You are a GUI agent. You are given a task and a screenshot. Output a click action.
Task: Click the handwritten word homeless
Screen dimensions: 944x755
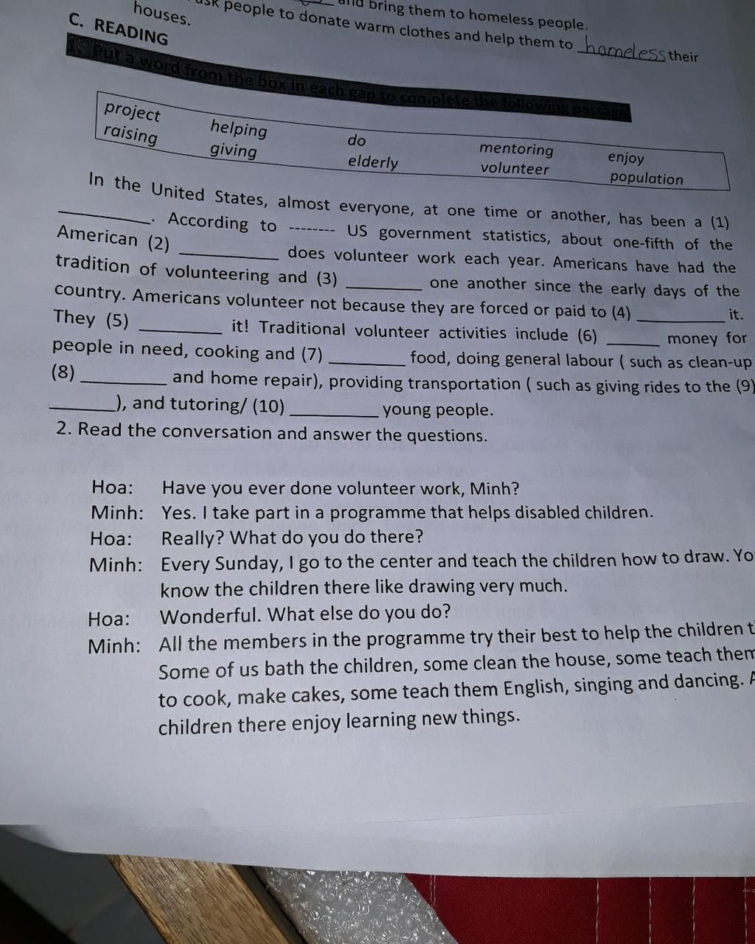[623, 52]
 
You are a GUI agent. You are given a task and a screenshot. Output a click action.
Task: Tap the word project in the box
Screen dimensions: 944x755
[132, 111]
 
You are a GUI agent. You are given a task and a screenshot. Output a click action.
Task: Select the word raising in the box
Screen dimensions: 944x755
[131, 135]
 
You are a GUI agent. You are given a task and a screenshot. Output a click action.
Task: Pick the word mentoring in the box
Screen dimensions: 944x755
[516, 148]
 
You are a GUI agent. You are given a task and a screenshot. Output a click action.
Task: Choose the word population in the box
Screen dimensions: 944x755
[647, 178]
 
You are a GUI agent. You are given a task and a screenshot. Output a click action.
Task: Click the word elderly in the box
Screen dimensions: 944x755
[373, 162]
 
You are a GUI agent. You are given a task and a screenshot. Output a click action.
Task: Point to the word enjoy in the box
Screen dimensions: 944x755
[626, 157]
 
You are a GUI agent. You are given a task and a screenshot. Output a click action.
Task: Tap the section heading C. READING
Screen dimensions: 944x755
[119, 29]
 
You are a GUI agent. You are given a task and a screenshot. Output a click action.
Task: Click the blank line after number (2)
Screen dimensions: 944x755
[229, 254]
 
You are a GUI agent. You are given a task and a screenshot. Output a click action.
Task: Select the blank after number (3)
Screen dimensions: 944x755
[383, 286]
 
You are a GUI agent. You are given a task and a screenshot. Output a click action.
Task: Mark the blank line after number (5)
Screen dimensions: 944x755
[180, 329]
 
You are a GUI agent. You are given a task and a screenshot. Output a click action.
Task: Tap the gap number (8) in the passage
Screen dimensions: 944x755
[63, 372]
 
